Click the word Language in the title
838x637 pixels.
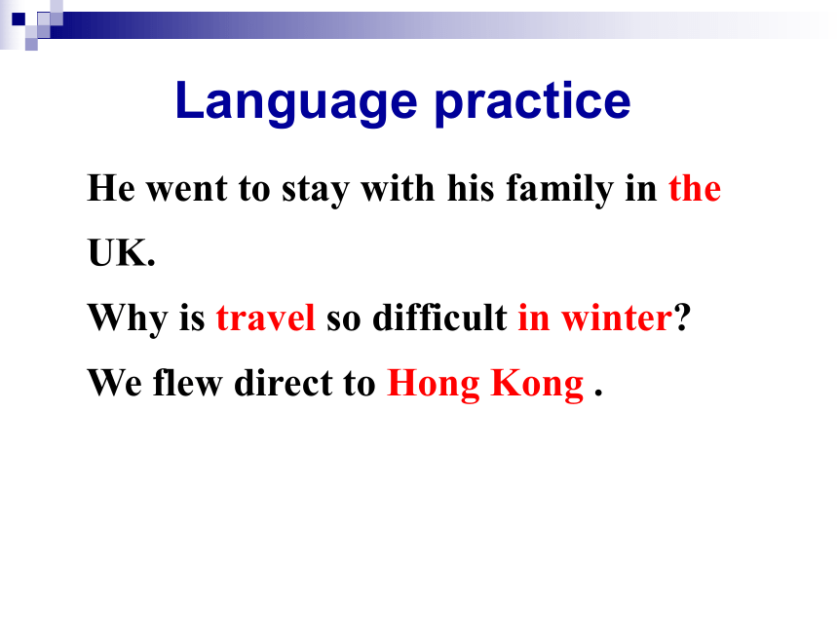coord(296,102)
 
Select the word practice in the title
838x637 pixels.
coord(533,102)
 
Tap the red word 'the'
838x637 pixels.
coord(695,188)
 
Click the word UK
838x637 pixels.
coord(122,253)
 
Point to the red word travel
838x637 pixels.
coord(266,318)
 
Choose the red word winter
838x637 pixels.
coord(617,318)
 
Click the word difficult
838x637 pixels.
coord(439,318)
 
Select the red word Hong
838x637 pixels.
coord(434,384)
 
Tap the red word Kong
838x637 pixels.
coord(537,384)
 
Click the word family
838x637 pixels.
coord(559,189)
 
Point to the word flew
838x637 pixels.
coord(188,383)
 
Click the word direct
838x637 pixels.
coord(284,383)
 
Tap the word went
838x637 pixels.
coord(187,190)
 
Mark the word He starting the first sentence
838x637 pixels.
coord(111,188)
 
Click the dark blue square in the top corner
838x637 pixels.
coord(19,19)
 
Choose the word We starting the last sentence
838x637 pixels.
coord(115,383)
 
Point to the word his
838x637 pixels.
coord(471,188)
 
